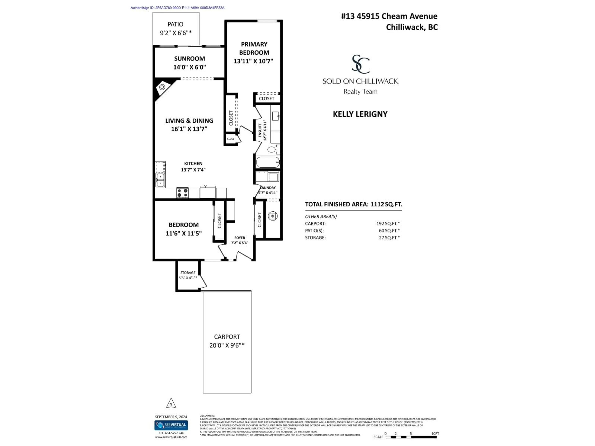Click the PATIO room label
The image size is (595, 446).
click(175, 24)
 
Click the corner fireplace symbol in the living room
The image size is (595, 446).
click(162, 87)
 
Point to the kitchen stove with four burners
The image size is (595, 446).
click(182, 193)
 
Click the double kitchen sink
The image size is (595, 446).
click(160, 180)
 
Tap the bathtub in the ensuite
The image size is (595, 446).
click(268, 162)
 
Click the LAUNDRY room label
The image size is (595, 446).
click(268, 188)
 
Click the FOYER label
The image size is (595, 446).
click(239, 238)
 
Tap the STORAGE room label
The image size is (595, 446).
click(188, 273)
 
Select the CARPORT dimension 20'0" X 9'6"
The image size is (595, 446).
click(227, 345)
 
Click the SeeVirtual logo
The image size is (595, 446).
click(171, 425)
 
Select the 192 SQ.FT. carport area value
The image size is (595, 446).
click(388, 223)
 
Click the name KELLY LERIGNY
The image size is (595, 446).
click(360, 114)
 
